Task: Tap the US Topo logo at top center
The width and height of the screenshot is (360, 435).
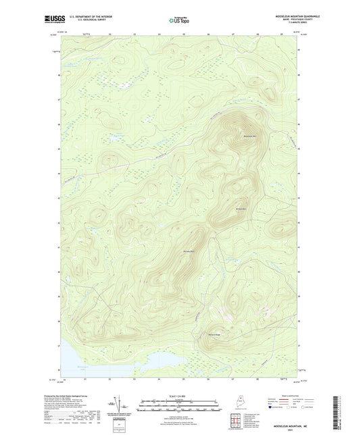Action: [x=180, y=20]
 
